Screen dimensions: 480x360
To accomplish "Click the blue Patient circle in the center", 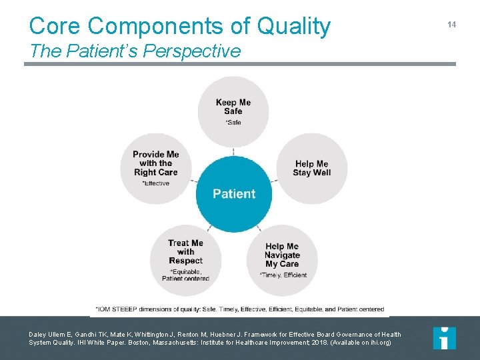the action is point(233,194).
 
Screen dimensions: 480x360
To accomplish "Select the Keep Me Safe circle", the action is point(233,111).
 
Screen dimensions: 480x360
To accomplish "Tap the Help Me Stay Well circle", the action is point(312,168).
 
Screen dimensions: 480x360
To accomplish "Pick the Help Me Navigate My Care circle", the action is point(282,259).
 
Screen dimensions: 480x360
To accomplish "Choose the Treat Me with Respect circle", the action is point(185,259).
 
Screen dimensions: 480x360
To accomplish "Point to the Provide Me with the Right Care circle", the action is point(155,168).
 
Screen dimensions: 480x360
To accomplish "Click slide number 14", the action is point(451,24).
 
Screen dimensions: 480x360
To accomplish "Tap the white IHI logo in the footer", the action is point(444,338).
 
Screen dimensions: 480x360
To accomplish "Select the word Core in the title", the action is point(55,26).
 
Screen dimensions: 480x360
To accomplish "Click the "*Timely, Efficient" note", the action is point(283,275).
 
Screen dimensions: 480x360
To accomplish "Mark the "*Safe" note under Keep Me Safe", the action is point(233,122).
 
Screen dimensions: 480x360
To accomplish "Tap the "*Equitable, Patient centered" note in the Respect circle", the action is point(186,275).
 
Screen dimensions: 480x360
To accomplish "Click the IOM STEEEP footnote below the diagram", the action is point(239,309).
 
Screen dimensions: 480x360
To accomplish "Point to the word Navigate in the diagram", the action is point(282,255).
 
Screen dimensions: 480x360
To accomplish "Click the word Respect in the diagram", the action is point(186,261).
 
